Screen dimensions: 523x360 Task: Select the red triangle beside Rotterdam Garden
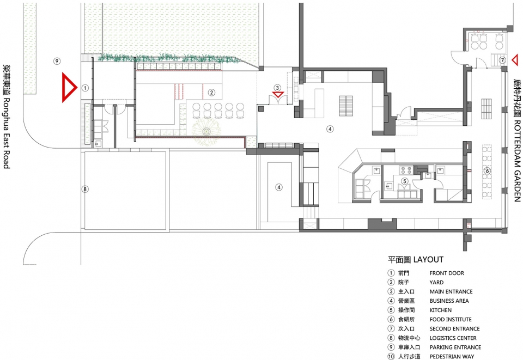coord(515,60)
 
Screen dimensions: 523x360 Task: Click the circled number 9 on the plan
coord(57,61)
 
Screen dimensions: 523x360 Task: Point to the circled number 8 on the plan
coord(85,189)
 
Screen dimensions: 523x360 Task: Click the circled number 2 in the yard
coord(211,93)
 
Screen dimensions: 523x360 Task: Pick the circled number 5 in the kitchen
coord(405,181)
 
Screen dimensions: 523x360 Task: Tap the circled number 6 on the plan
coord(487,171)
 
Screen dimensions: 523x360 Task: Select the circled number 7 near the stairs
coord(503,60)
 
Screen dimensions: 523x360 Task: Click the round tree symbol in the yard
coord(206,131)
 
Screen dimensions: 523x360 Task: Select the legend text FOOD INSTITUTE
coord(451,319)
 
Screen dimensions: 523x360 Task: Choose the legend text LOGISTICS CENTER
coord(453,338)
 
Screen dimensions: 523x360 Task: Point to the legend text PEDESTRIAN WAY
coord(452,357)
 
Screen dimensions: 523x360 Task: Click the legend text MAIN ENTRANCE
coord(451,291)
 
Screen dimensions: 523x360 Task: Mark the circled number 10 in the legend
coord(391,356)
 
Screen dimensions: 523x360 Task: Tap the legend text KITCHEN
coord(441,310)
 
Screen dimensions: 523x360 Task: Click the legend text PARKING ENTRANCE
coord(455,347)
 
